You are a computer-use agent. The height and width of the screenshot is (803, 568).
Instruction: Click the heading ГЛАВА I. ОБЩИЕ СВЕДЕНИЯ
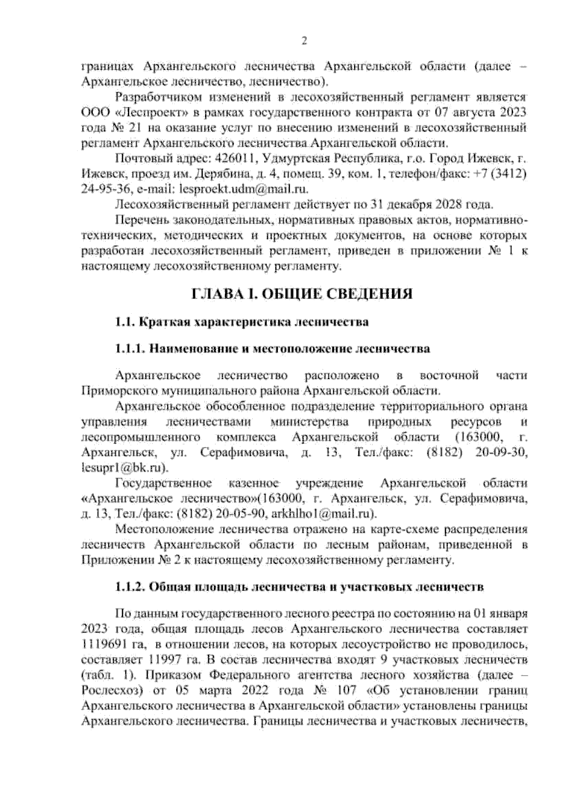coord(302,294)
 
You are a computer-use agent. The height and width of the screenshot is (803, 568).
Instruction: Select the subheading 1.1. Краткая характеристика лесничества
coord(242,323)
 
